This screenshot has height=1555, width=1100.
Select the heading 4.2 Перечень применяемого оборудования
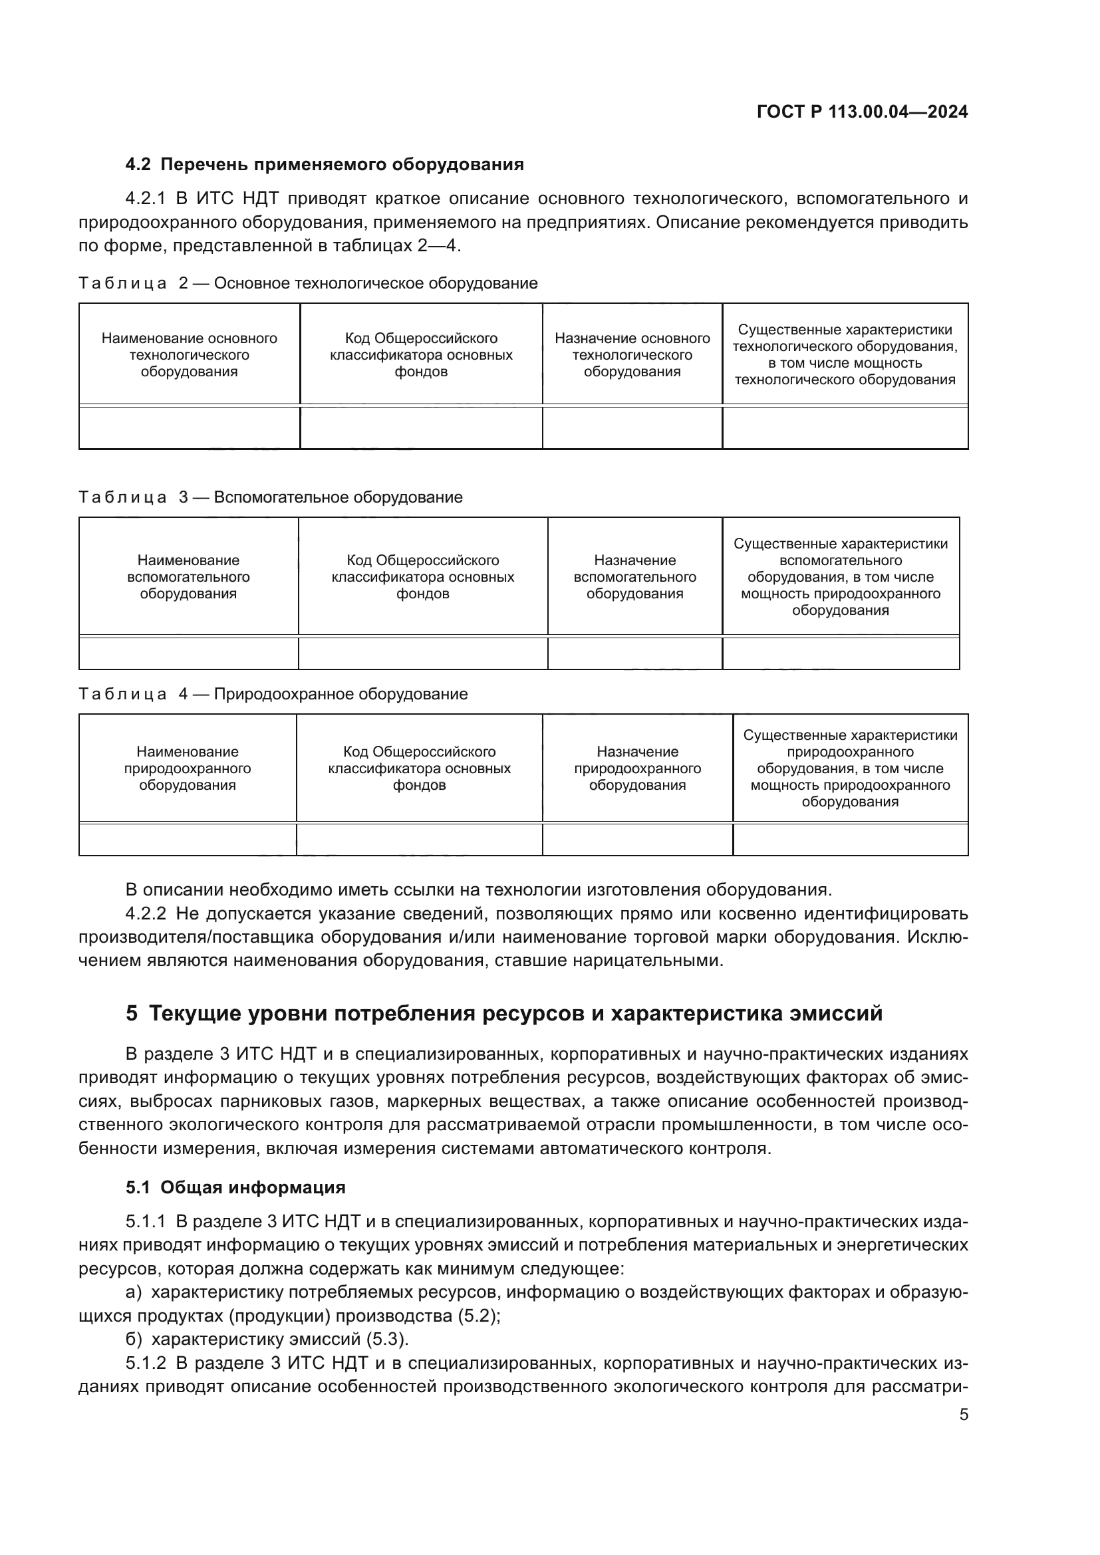click(x=325, y=165)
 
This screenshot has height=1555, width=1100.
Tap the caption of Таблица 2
click(x=307, y=283)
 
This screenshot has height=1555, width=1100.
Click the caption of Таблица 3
click(x=270, y=497)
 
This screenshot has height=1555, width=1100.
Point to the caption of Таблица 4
click(x=272, y=694)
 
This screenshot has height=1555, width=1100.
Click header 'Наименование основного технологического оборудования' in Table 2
click(x=189, y=355)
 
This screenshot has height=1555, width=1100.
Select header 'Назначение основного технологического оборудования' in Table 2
click(x=632, y=355)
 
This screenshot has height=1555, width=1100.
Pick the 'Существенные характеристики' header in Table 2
click(x=845, y=355)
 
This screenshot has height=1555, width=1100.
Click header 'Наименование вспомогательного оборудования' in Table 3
click(x=188, y=577)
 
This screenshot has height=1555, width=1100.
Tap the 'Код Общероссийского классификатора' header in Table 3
click(x=423, y=577)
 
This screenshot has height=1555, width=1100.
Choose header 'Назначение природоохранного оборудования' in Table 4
click(x=637, y=769)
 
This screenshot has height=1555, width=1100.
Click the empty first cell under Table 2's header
click(x=189, y=428)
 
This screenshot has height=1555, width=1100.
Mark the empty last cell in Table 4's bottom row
click(x=850, y=840)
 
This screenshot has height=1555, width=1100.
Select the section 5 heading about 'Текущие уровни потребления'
click(x=504, y=1014)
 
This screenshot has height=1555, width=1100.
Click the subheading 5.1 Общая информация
click(x=235, y=1187)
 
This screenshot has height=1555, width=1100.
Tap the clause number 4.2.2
click(x=146, y=913)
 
